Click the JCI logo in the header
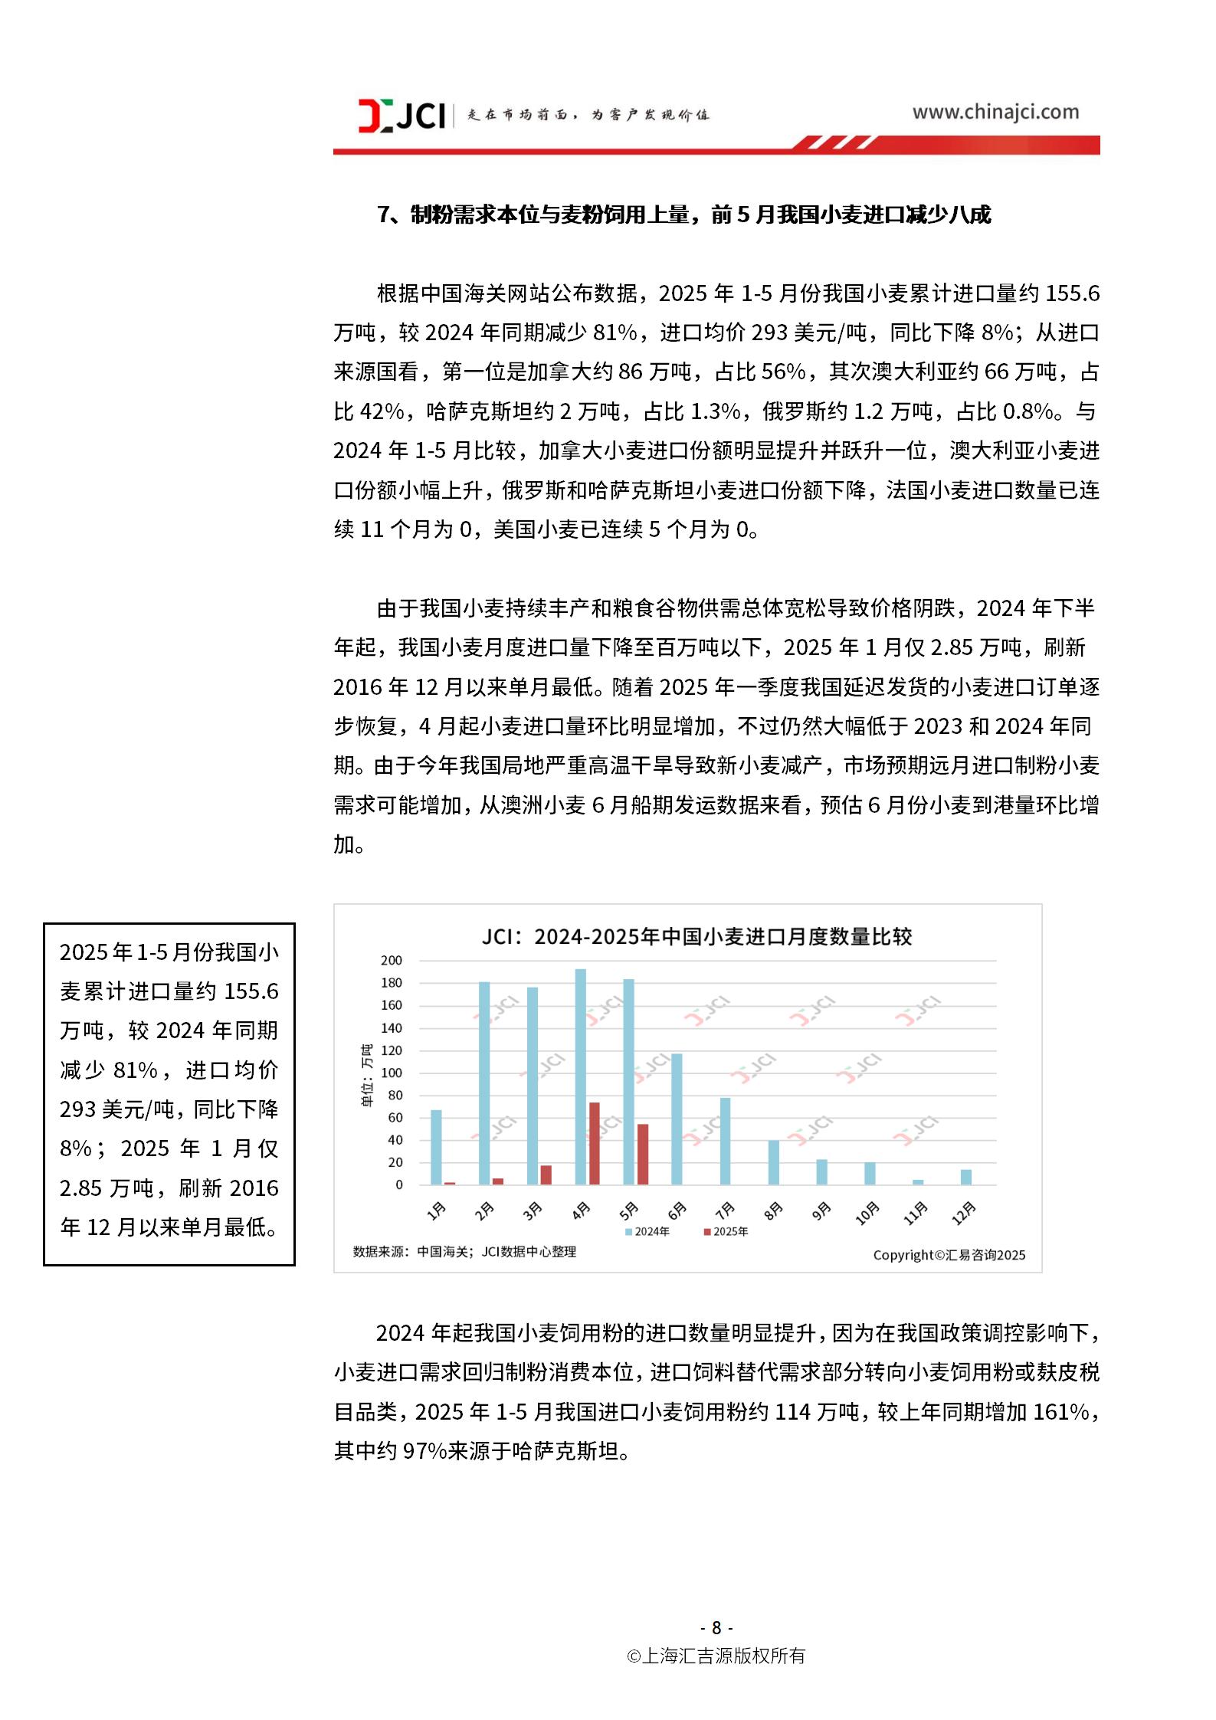(x=402, y=115)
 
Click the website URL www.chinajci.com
(x=995, y=112)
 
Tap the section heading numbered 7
(x=683, y=215)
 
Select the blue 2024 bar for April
(x=581, y=1076)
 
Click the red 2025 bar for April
(x=594, y=1143)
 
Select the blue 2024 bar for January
(x=436, y=1147)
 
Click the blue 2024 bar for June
(x=677, y=1119)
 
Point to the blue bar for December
(x=965, y=1177)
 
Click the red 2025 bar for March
(x=546, y=1175)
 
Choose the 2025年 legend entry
(x=726, y=1231)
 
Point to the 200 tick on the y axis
(x=391, y=960)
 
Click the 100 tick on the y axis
(x=391, y=1073)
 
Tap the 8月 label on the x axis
(x=773, y=1211)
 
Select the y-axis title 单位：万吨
(x=367, y=1075)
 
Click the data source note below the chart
(x=464, y=1251)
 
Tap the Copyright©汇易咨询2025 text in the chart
(x=949, y=1255)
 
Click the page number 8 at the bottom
(x=716, y=1627)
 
